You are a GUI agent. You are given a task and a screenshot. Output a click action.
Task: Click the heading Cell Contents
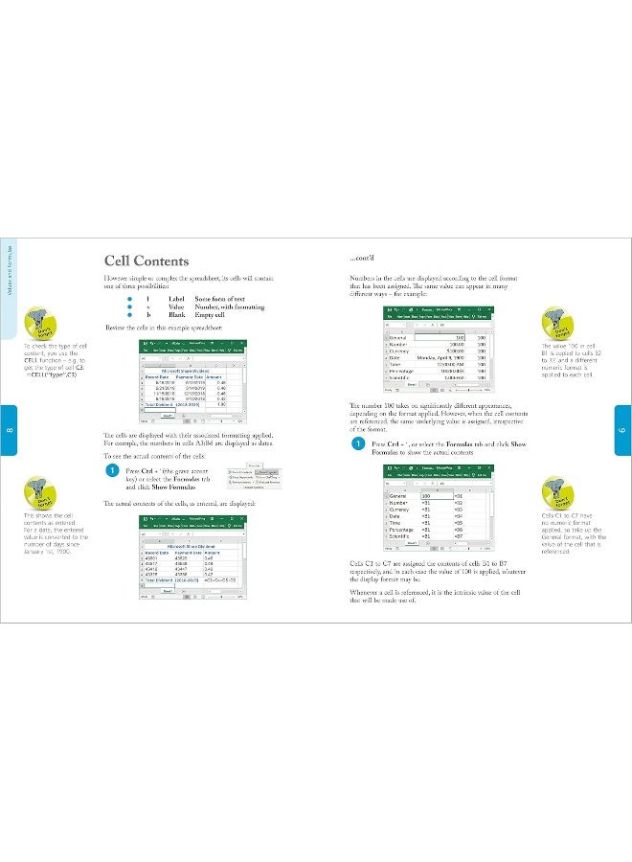(x=146, y=261)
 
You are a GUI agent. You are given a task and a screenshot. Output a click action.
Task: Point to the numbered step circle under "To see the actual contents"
(x=112, y=471)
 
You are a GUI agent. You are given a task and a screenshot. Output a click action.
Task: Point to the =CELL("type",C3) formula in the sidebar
(x=53, y=374)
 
